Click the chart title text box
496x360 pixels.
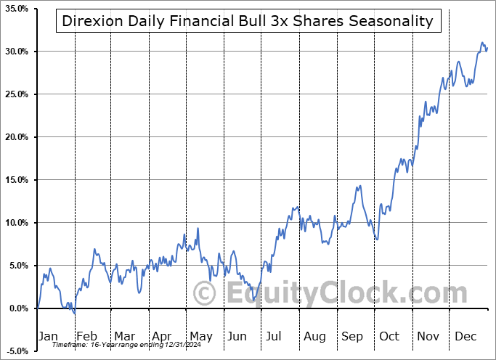[248, 20]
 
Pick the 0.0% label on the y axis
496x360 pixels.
[17, 308]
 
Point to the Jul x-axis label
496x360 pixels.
[274, 336]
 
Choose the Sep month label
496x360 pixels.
[351, 336]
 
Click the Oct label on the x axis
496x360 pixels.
[389, 336]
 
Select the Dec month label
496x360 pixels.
[465, 336]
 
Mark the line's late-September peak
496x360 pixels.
[359, 186]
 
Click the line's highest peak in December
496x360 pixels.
[482, 44]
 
